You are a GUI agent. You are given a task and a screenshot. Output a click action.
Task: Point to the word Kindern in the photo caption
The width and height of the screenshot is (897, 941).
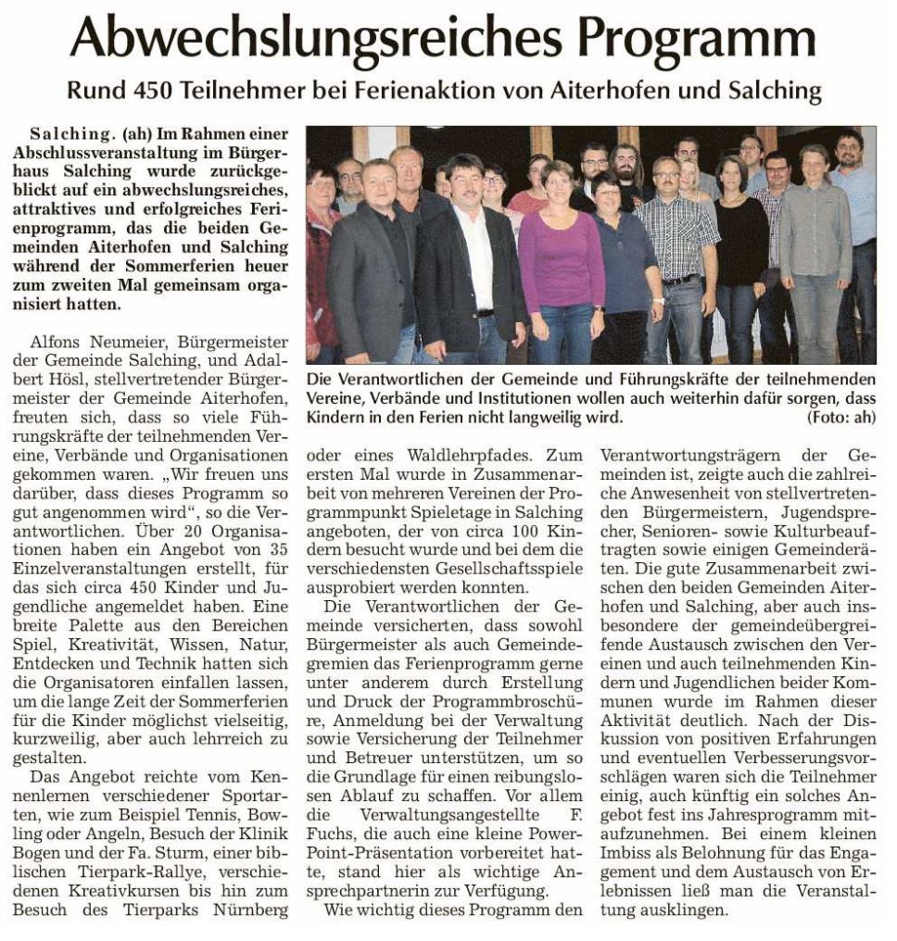pyautogui.click(x=335, y=418)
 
